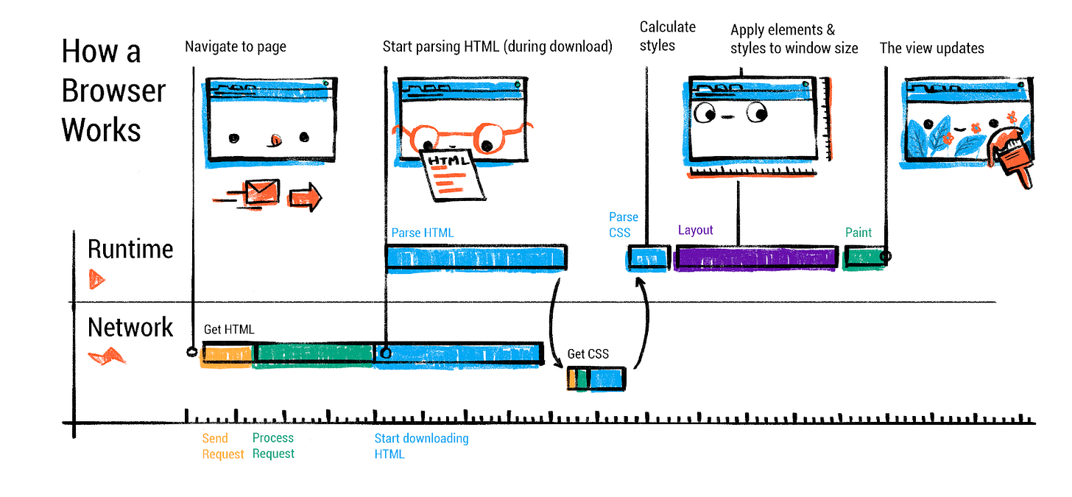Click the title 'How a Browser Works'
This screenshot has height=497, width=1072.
click(x=113, y=91)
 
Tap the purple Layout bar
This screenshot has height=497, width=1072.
click(x=756, y=258)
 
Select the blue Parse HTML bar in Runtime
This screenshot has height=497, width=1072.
click(x=476, y=258)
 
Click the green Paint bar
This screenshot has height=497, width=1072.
click(x=863, y=258)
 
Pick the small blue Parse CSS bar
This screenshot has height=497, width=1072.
click(x=647, y=258)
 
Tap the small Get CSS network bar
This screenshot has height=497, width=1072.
click(x=596, y=378)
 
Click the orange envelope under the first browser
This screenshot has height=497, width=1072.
click(x=261, y=193)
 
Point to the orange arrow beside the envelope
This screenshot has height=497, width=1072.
click(x=305, y=197)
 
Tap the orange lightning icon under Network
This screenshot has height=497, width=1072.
click(x=107, y=358)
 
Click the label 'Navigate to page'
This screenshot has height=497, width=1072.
click(x=236, y=47)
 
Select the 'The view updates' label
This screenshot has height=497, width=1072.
click(x=931, y=49)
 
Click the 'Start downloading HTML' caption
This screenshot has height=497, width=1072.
click(x=421, y=446)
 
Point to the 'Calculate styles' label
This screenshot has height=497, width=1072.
click(x=667, y=36)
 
